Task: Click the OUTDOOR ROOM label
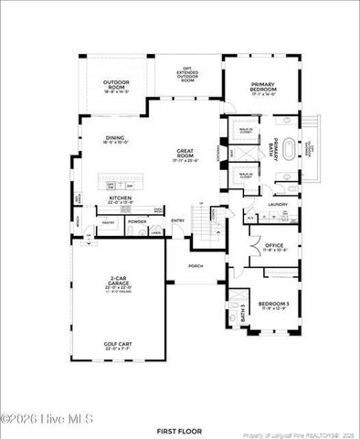pos(115,87)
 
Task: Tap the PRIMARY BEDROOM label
pos(270,87)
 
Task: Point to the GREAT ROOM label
pos(189,155)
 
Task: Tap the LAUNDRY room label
pos(278,204)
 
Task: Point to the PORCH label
pos(196,266)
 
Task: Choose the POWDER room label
pos(138,221)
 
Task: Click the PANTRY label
pos(107,221)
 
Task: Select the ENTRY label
pos(178,219)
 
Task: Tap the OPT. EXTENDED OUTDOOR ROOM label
pos(188,73)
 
